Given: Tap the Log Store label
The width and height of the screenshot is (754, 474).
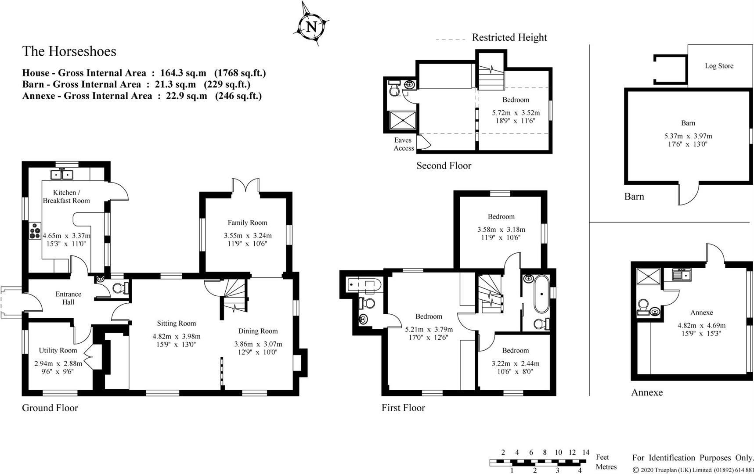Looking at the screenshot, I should pyautogui.click(x=719, y=66).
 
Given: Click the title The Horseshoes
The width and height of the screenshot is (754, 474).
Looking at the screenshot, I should pyautogui.click(x=69, y=51).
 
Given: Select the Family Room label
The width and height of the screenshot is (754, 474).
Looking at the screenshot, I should pyautogui.click(x=247, y=223).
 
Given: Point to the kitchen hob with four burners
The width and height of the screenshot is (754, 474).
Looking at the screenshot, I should pyautogui.click(x=35, y=231).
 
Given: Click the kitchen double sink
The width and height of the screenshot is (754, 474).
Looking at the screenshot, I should pyautogui.click(x=62, y=175).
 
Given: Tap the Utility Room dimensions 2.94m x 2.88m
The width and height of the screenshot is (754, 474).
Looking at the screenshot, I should pyautogui.click(x=58, y=363).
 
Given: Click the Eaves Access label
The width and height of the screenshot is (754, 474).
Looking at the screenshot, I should pyautogui.click(x=403, y=144).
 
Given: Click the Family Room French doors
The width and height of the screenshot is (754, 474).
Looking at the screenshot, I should pyautogui.click(x=246, y=185).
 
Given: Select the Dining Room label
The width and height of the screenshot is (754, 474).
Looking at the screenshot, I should pyautogui.click(x=258, y=331).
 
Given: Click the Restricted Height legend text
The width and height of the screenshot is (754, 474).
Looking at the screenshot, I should pyautogui.click(x=509, y=38).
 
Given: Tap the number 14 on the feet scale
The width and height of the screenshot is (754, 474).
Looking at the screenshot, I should pyautogui.click(x=585, y=452).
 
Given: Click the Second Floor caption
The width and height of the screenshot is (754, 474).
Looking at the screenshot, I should pyautogui.click(x=444, y=166).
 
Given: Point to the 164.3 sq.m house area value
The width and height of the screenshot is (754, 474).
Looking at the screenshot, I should pyautogui.click(x=183, y=73).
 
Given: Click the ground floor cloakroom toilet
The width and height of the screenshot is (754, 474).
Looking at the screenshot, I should pyautogui.click(x=119, y=288).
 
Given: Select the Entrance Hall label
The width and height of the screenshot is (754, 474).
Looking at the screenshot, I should pyautogui.click(x=68, y=298).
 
